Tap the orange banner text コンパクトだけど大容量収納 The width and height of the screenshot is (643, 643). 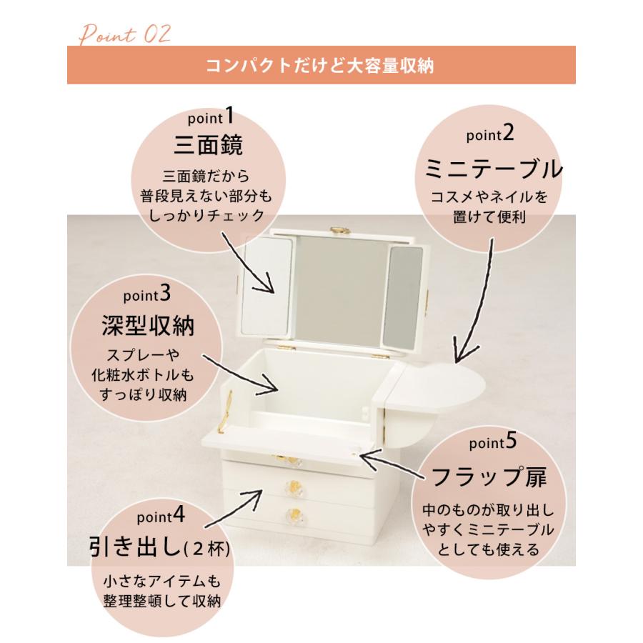coord(321,66)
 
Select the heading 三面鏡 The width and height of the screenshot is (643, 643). coord(209,144)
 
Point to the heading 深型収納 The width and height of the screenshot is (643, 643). coord(147,326)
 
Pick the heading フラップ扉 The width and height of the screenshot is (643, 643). coord(488,477)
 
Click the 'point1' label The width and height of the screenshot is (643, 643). coord(209,116)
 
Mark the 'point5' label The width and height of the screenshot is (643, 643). coord(492,443)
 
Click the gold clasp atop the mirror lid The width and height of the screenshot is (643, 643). coord(336,230)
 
